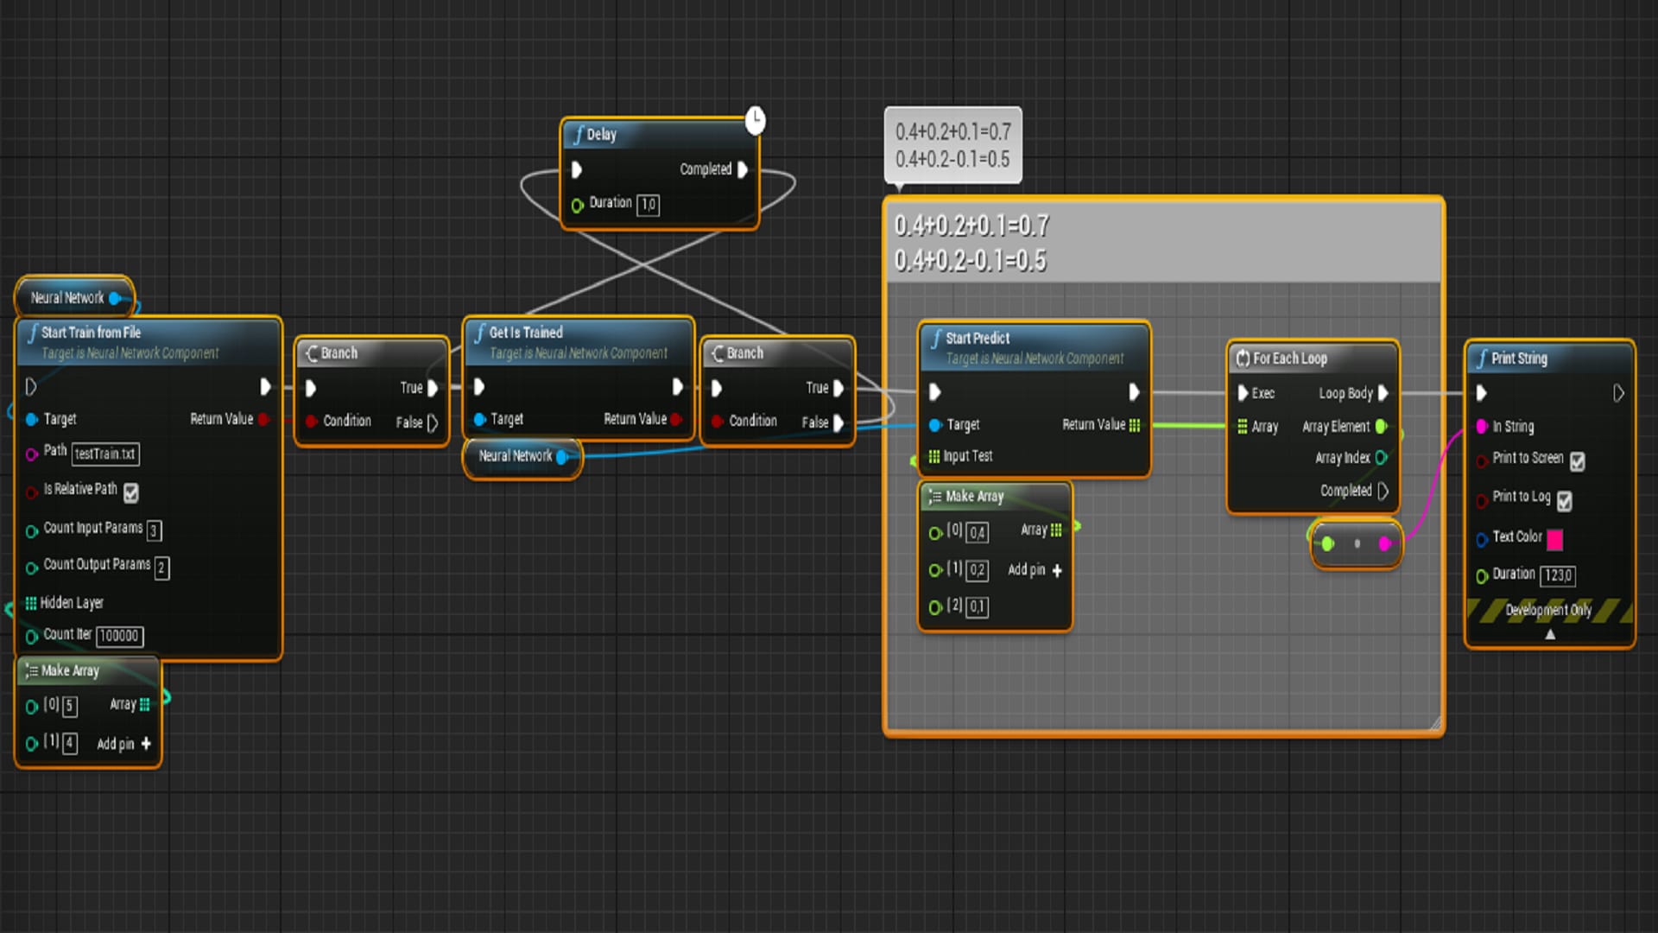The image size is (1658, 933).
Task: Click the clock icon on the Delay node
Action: coord(756,120)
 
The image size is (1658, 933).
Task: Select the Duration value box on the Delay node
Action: coord(648,205)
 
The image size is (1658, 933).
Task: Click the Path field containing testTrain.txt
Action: coord(105,454)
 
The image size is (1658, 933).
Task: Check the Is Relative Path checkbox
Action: coord(131,492)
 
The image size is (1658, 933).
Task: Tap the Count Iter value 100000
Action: coord(119,636)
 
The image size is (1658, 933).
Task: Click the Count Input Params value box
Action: coord(154,530)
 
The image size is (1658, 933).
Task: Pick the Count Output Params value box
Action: coord(161,568)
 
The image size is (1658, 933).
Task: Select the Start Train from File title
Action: coord(91,333)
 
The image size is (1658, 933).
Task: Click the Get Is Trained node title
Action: coord(526,333)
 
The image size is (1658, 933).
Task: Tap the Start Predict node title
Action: coord(978,339)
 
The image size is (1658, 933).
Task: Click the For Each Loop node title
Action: coord(1290,359)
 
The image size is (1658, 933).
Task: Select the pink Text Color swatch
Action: coord(1555,540)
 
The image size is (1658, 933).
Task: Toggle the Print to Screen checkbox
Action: coord(1578,461)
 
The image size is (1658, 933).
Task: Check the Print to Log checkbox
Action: coord(1565,500)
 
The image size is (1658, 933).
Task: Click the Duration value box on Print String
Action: coord(1559,576)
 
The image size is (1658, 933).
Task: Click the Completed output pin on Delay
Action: coord(743,169)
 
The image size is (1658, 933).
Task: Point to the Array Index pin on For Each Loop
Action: coord(1382,458)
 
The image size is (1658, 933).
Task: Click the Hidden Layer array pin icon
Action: coord(31,603)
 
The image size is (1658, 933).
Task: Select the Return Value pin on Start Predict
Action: coord(1135,425)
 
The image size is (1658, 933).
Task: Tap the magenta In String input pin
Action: coord(1482,427)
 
